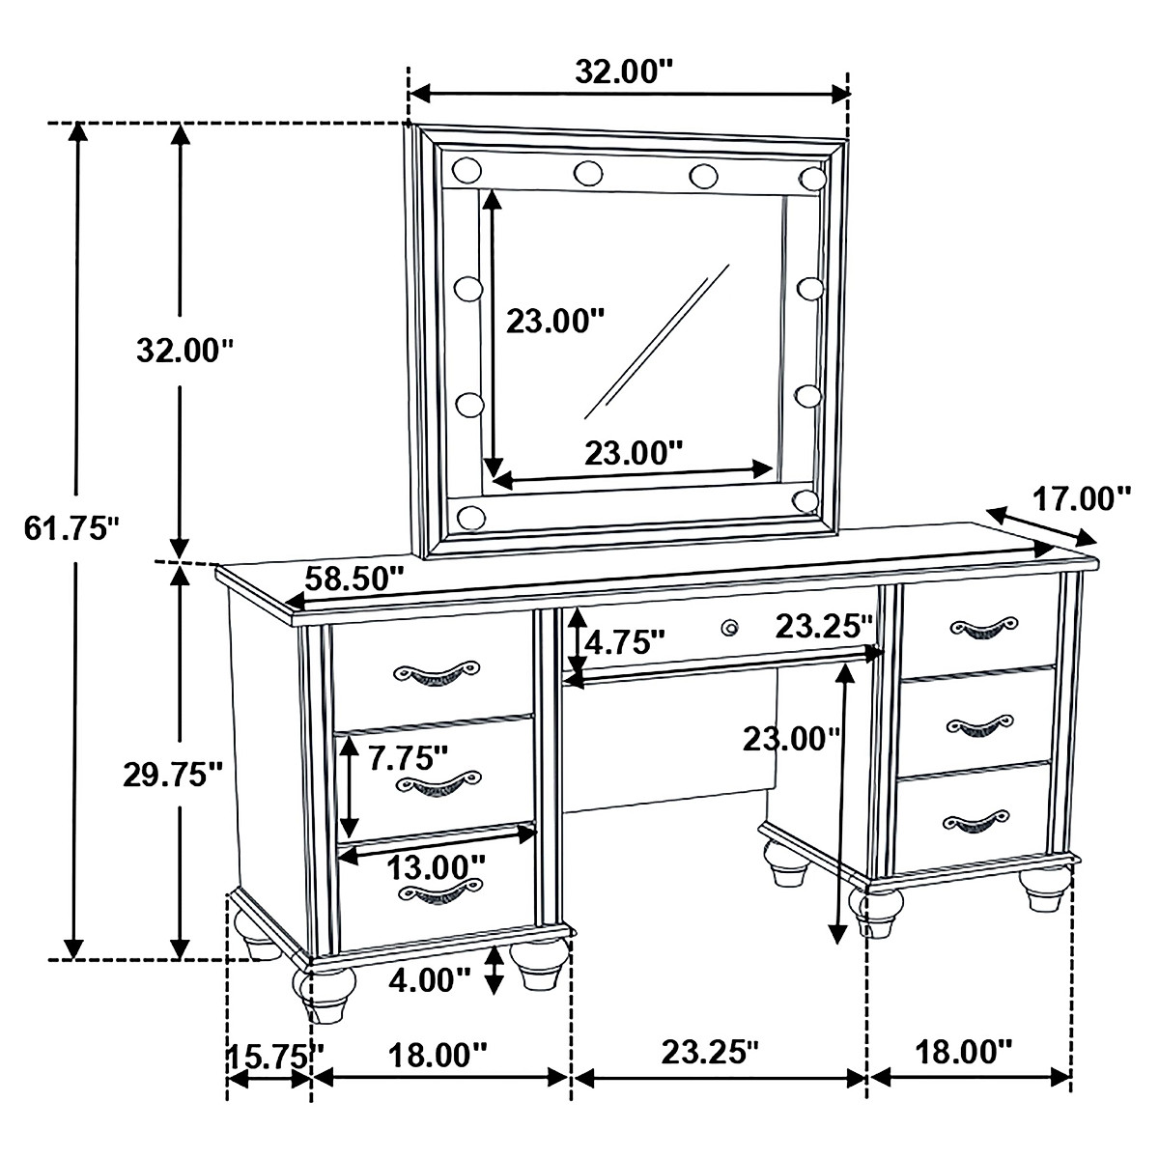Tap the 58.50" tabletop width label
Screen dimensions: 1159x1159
tap(353, 579)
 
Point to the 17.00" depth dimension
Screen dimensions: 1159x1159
tap(1081, 499)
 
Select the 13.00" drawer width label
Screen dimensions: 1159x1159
tap(436, 864)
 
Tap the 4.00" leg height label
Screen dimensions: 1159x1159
tap(429, 980)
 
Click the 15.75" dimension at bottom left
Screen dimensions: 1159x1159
tap(274, 1054)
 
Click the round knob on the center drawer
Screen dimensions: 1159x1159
tap(731, 628)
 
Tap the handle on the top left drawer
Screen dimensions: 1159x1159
tap(436, 673)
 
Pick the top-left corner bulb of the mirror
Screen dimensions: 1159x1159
tap(466, 171)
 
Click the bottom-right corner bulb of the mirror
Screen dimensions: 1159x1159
tap(806, 499)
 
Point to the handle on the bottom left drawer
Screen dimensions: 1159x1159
tap(439, 892)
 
